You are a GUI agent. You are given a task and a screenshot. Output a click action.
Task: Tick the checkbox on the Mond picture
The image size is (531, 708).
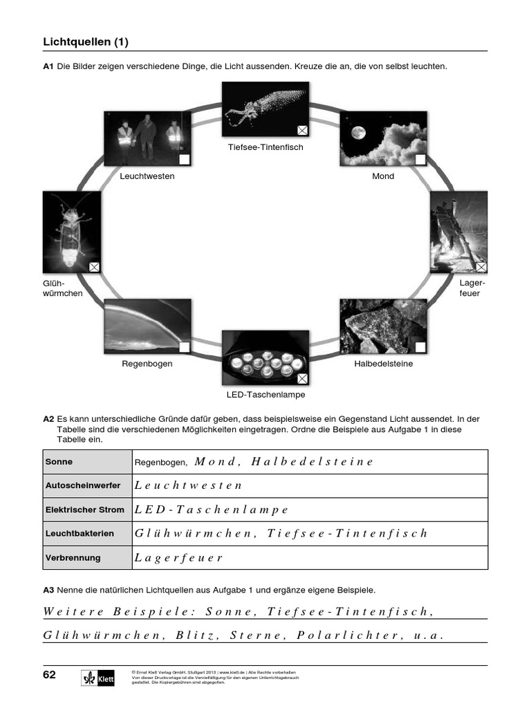tap(420, 160)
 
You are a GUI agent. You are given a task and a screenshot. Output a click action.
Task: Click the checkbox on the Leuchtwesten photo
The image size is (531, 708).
tap(184, 160)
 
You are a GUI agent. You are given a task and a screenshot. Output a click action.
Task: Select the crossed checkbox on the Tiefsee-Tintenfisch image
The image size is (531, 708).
tap(302, 129)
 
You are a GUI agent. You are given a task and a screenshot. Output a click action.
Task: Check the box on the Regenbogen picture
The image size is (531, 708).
tap(184, 347)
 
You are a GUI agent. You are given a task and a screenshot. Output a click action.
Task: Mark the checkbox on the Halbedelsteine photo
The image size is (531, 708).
tap(420, 347)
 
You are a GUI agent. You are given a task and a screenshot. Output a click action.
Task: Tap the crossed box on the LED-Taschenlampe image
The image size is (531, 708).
tap(302, 378)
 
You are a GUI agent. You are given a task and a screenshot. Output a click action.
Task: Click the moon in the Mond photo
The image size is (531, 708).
tap(357, 132)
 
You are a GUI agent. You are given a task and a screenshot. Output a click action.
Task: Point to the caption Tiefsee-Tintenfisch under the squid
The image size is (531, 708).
tap(265, 147)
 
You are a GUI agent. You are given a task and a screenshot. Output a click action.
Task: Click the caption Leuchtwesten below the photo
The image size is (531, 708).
tap(147, 176)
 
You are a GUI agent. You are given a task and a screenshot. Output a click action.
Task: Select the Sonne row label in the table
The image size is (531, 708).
tap(59, 461)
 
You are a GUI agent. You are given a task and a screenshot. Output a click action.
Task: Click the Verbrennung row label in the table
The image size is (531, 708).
tap(73, 557)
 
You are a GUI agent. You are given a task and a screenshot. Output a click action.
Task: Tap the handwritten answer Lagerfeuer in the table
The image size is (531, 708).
tap(179, 558)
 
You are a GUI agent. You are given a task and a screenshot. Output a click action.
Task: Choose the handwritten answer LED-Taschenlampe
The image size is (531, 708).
tap(212, 510)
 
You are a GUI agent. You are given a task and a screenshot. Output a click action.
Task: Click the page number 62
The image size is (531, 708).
tap(49, 675)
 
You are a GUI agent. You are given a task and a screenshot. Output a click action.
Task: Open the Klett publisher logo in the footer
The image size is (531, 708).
tap(97, 678)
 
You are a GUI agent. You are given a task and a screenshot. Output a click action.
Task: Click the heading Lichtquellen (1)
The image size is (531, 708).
tap(86, 42)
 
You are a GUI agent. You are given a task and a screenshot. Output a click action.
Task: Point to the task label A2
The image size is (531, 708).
tap(48, 419)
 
